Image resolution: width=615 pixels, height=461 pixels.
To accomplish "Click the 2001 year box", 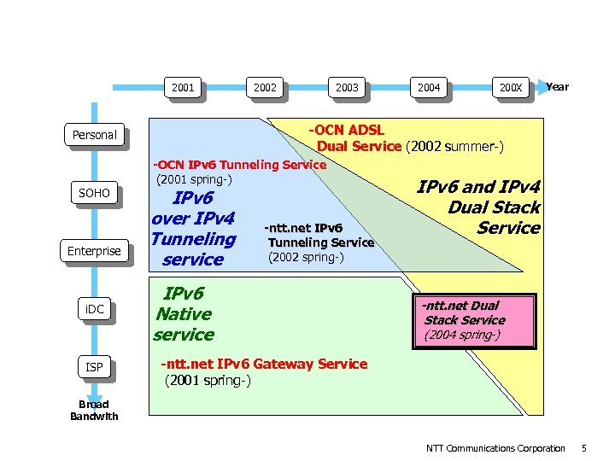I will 183,87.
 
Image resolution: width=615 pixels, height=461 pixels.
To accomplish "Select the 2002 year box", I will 265,87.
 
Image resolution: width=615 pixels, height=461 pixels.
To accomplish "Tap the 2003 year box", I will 347,87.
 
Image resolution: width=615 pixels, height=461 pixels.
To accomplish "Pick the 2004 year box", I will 429,87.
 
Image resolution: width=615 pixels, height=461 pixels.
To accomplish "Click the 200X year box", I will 511,87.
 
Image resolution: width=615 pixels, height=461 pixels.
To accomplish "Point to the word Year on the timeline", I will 558,86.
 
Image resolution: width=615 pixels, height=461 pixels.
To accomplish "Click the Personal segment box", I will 94,135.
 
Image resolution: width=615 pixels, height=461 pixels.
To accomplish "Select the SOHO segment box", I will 94,193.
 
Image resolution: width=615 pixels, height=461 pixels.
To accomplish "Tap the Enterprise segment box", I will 94,251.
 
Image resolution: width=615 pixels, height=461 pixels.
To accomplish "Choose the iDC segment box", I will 94,309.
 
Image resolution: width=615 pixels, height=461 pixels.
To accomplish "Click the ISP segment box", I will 94,367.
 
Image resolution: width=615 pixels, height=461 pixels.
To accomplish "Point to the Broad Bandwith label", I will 94,410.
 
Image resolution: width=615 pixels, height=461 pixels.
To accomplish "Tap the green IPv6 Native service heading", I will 184,314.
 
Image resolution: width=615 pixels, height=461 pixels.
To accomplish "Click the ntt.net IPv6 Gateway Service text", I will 264,371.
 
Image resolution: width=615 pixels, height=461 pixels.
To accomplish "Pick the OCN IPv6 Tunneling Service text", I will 238,172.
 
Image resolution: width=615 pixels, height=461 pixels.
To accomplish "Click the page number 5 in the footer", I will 583,448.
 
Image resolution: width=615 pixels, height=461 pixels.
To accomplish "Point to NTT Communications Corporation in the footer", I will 495,448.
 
